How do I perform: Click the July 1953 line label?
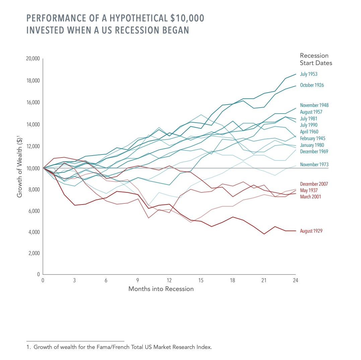pyautogui.click(x=308, y=74)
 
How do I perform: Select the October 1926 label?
pyautogui.click(x=312, y=85)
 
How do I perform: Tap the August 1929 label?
pyautogui.click(x=311, y=231)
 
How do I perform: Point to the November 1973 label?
pyautogui.click(x=314, y=165)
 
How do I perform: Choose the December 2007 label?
pyautogui.click(x=314, y=184)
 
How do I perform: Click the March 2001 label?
pyautogui.click(x=310, y=197)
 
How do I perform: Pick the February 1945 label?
pyautogui.click(x=313, y=138)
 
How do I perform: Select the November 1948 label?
pyautogui.click(x=314, y=105)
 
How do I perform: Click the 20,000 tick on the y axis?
pyautogui.click(x=33, y=59)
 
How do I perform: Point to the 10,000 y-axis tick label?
pyautogui.click(x=33, y=168)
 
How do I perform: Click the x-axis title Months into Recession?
pyautogui.click(x=161, y=289)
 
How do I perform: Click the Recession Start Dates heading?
pyautogui.click(x=316, y=59)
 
